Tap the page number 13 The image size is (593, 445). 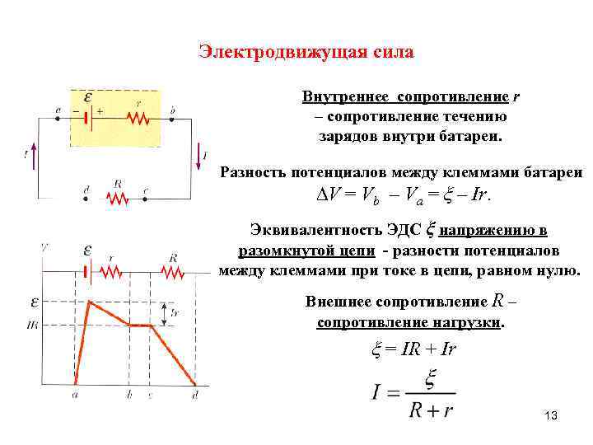point(551,418)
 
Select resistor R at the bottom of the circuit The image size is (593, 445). point(119,198)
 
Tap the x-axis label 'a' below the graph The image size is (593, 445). point(75,396)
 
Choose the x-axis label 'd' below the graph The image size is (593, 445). point(195,396)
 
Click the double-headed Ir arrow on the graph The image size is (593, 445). point(164,313)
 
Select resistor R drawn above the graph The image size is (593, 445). point(172,272)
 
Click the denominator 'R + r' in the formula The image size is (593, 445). point(431,409)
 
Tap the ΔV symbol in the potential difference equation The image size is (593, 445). point(320,197)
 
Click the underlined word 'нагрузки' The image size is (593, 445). point(465,322)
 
